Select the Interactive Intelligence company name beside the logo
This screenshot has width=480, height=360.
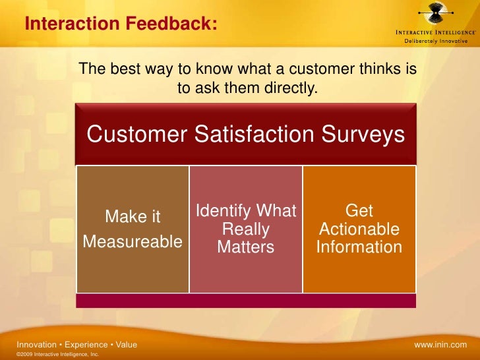pos(433,32)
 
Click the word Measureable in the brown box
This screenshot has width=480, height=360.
pos(133,242)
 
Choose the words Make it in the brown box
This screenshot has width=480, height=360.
pos(133,217)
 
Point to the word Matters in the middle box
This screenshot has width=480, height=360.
pos(245,248)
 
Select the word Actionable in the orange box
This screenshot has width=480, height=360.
pos(359,229)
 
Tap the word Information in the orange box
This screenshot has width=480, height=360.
pos(359,247)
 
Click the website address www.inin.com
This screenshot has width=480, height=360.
pos(440,345)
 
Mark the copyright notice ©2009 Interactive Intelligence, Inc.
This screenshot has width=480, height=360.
pos(57,355)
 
